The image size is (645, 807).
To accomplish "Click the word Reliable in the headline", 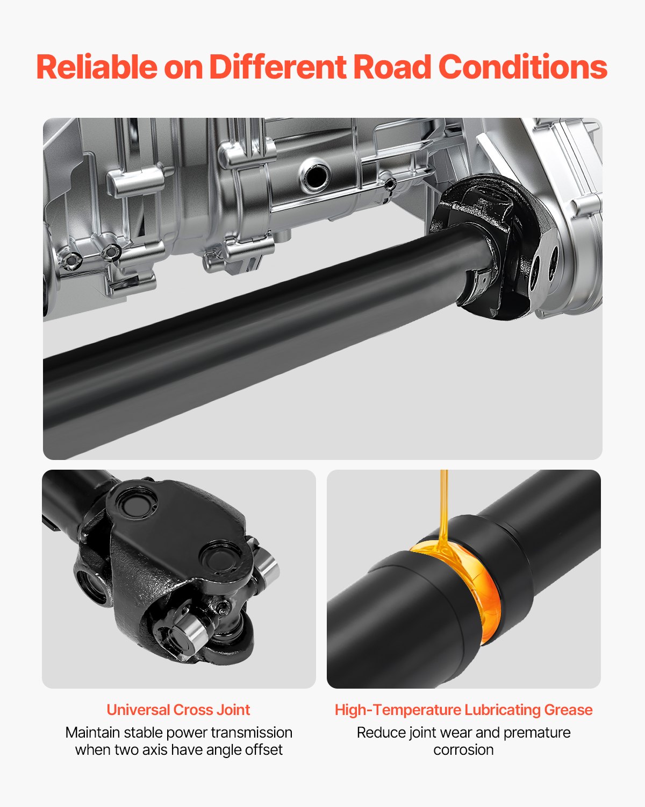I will tap(97, 67).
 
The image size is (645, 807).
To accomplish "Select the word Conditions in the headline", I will tap(522, 67).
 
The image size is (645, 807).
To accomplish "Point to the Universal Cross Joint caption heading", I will tap(178, 710).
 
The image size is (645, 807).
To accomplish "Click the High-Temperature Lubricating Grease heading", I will tap(463, 710).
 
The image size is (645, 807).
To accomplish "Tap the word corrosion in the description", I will tap(463, 749).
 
